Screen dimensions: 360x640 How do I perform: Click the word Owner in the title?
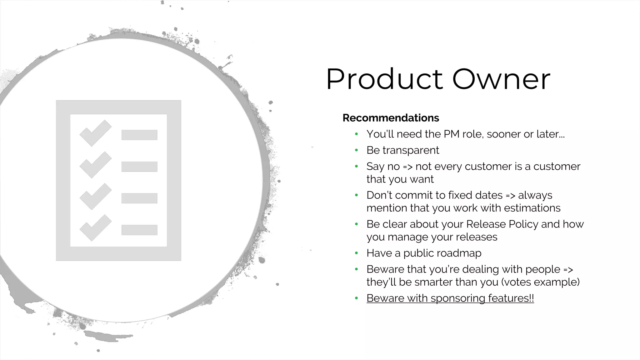click(501, 79)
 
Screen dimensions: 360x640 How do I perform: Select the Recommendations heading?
click(391, 118)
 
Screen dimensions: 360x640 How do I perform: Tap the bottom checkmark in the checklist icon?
click(96, 227)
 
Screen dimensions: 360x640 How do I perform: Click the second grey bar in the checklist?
click(139, 167)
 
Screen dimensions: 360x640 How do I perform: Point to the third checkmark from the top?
click(96, 196)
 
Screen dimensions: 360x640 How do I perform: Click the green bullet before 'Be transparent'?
click(356, 150)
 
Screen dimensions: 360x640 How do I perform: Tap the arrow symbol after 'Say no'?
click(408, 167)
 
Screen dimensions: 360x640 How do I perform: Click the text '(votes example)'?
click(540, 282)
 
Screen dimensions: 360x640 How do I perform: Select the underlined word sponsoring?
click(458, 298)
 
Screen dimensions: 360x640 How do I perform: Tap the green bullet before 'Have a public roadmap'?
click(356, 253)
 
